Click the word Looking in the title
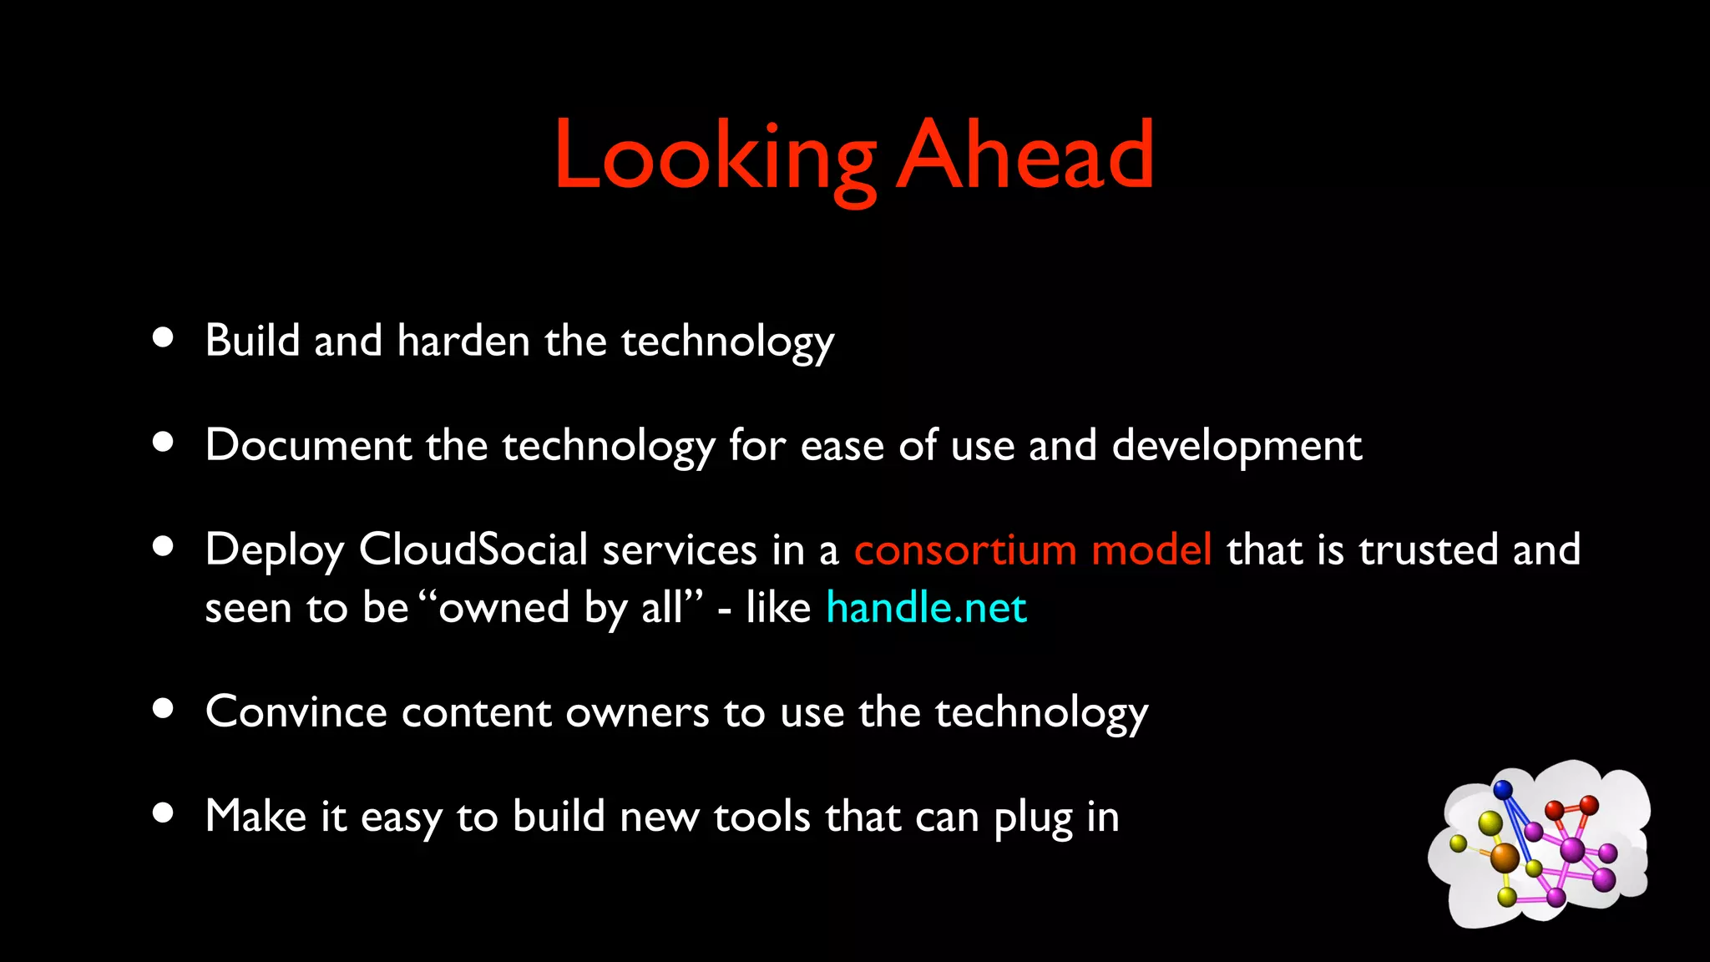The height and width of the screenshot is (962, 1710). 715,157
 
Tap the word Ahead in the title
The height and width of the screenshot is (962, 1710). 1025,155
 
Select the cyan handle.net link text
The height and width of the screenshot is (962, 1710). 926,607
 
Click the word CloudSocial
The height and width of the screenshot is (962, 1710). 473,549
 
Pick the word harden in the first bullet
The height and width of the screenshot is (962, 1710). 463,341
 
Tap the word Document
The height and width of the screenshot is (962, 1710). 308,445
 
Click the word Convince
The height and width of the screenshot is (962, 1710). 296,712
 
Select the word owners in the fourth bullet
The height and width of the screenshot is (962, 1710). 637,712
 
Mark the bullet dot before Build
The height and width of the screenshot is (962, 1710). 163,337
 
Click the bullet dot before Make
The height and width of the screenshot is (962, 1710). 163,813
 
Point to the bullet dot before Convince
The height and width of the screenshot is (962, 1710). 163,708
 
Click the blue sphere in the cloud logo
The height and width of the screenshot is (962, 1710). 1503,789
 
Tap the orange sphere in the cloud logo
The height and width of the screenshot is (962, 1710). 1505,856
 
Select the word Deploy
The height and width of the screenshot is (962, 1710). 275,551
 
